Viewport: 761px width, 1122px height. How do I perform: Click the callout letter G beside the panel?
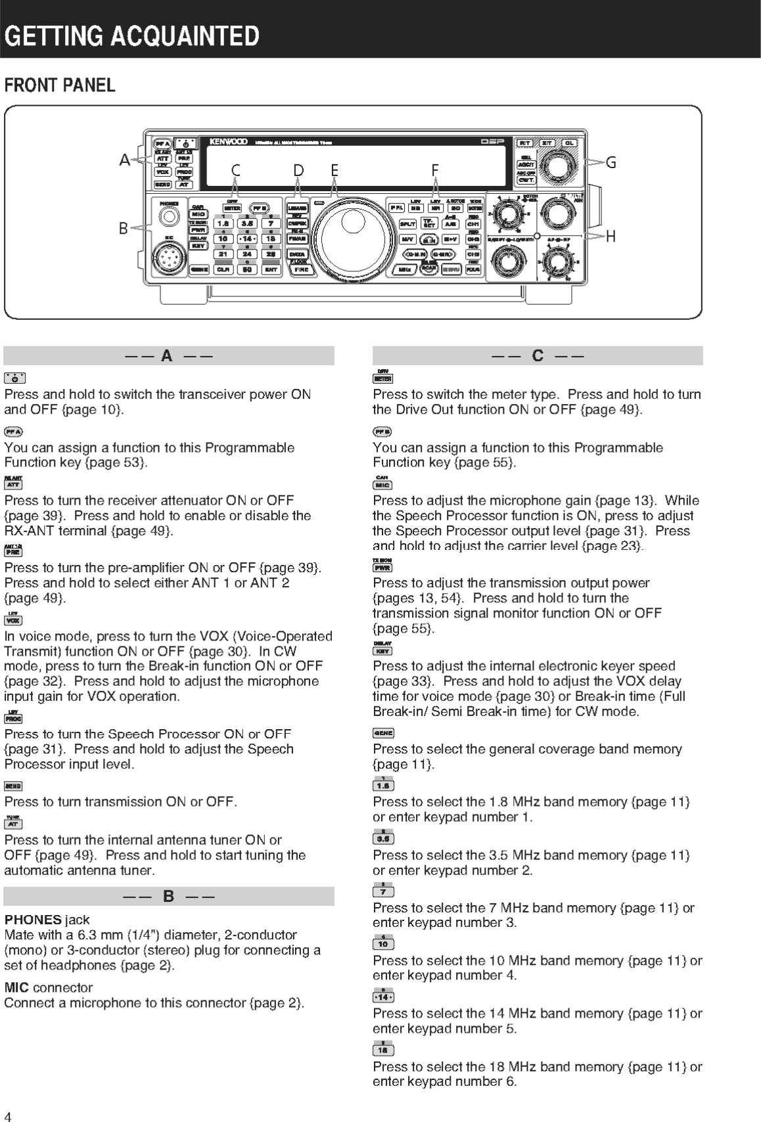[611, 162]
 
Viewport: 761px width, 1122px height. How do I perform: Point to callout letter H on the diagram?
[611, 236]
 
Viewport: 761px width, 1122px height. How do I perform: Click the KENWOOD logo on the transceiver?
[228, 141]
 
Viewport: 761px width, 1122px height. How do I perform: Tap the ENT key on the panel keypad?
[270, 269]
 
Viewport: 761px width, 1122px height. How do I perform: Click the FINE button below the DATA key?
[300, 269]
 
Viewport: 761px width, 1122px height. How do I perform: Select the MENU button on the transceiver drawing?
[451, 269]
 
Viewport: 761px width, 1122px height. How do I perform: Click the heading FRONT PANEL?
[60, 85]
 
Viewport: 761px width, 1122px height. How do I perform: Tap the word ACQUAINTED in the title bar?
[185, 35]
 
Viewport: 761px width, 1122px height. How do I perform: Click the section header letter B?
[168, 896]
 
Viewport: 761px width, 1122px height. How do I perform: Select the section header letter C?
[538, 356]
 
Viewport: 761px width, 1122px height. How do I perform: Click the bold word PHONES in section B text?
[33, 920]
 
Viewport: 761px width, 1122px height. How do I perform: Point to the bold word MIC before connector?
[16, 987]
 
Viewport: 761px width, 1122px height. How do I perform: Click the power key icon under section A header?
[14, 378]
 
